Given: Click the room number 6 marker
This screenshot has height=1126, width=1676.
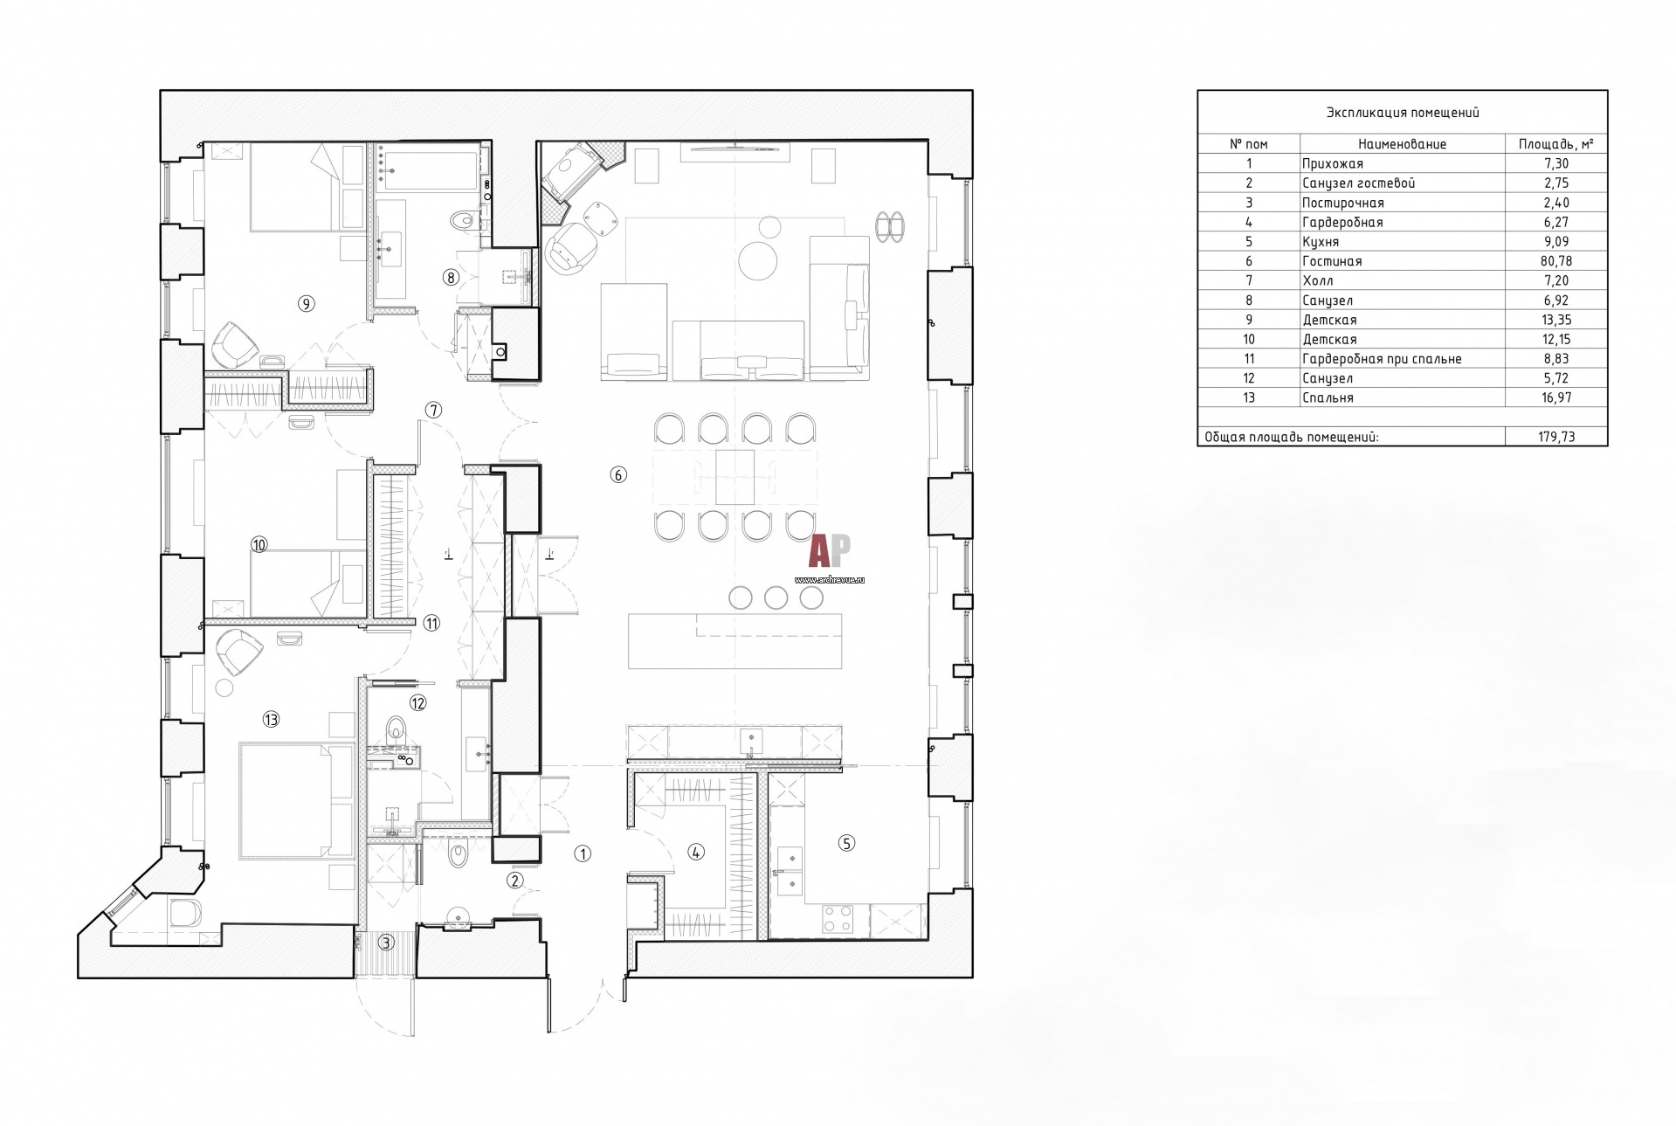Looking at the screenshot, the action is (618, 475).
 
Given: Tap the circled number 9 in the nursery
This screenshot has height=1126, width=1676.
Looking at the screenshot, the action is (306, 304).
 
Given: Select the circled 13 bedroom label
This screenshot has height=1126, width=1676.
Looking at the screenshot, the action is (271, 720).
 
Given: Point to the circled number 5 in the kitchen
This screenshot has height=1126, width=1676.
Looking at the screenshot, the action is (846, 843).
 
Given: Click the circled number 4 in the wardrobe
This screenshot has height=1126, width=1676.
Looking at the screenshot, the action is (695, 852).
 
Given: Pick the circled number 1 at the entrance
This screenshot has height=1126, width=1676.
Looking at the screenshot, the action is (583, 854).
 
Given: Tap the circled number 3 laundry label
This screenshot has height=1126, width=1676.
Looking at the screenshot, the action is (385, 943).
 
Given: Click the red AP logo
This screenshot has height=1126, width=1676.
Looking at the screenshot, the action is (830, 552).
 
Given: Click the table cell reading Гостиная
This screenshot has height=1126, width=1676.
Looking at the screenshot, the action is (1332, 261).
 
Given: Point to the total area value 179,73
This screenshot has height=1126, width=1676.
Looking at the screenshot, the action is (1557, 437).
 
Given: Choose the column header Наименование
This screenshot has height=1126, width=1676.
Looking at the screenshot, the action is (1403, 144).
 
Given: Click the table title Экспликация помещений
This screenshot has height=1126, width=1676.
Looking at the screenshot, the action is (1403, 113).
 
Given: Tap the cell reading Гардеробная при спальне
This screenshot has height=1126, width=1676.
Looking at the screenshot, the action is (1382, 359).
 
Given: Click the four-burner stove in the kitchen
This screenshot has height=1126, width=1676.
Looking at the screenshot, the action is (838, 918).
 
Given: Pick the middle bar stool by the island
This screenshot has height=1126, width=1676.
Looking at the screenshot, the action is (776, 598).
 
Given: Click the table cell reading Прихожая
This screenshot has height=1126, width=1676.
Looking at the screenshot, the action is (1332, 163).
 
